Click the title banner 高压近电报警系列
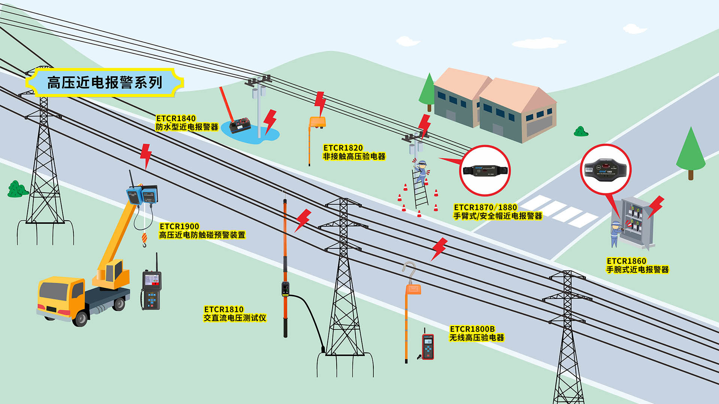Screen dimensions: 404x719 click(x=104, y=82)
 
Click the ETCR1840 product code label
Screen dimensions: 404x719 click(x=176, y=119)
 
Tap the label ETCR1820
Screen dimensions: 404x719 click(x=343, y=148)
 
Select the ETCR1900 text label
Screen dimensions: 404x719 click(x=179, y=226)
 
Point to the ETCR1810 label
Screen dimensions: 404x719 click(x=224, y=309)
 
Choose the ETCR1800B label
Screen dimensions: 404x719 click(x=472, y=329)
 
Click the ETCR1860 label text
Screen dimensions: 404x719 click(x=626, y=261)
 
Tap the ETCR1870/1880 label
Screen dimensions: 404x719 click(x=485, y=207)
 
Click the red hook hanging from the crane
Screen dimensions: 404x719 click(x=144, y=239)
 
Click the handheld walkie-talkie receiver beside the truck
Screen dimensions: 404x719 click(x=151, y=290)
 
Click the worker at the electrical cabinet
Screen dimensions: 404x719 click(x=615, y=233)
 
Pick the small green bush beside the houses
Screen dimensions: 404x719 click(x=581, y=132)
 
